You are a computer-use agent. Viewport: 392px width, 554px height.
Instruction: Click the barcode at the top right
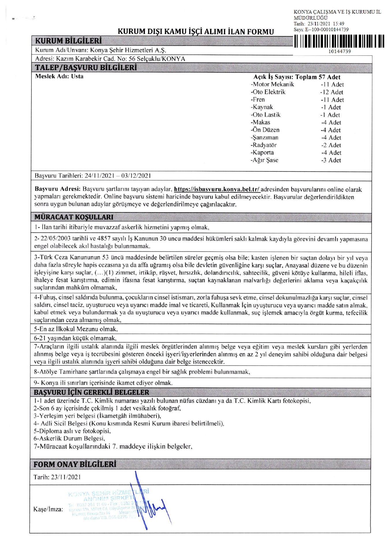(339, 41)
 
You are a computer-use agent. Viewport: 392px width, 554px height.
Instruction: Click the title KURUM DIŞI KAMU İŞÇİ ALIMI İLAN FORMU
(196, 31)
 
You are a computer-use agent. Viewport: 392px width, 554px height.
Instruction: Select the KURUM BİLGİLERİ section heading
(68, 41)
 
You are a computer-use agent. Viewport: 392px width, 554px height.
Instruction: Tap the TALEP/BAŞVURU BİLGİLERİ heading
(86, 68)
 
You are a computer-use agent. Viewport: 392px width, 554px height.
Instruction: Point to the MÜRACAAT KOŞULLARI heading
(74, 217)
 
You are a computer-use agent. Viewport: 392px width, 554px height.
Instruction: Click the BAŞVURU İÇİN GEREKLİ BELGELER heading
(92, 392)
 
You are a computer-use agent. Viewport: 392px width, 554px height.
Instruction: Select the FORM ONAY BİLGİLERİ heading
(75, 464)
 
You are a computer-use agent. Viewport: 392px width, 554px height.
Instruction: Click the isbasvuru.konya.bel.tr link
(217, 190)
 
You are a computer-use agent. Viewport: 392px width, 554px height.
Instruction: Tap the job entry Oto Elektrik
(268, 92)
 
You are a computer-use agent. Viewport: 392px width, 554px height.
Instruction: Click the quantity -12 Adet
(332, 92)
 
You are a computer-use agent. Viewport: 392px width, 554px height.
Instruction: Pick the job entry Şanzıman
(264, 138)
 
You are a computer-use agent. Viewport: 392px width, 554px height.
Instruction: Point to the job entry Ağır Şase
(264, 160)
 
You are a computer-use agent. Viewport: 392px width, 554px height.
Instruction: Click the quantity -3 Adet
(331, 160)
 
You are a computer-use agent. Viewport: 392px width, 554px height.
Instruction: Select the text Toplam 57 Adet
(318, 77)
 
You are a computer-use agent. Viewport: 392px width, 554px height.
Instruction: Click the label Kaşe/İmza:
(48, 509)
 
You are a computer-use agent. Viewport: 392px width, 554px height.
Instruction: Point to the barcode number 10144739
(339, 51)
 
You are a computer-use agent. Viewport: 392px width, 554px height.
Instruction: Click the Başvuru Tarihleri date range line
(93, 176)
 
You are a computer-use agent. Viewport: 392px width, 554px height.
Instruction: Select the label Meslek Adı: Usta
(59, 76)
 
